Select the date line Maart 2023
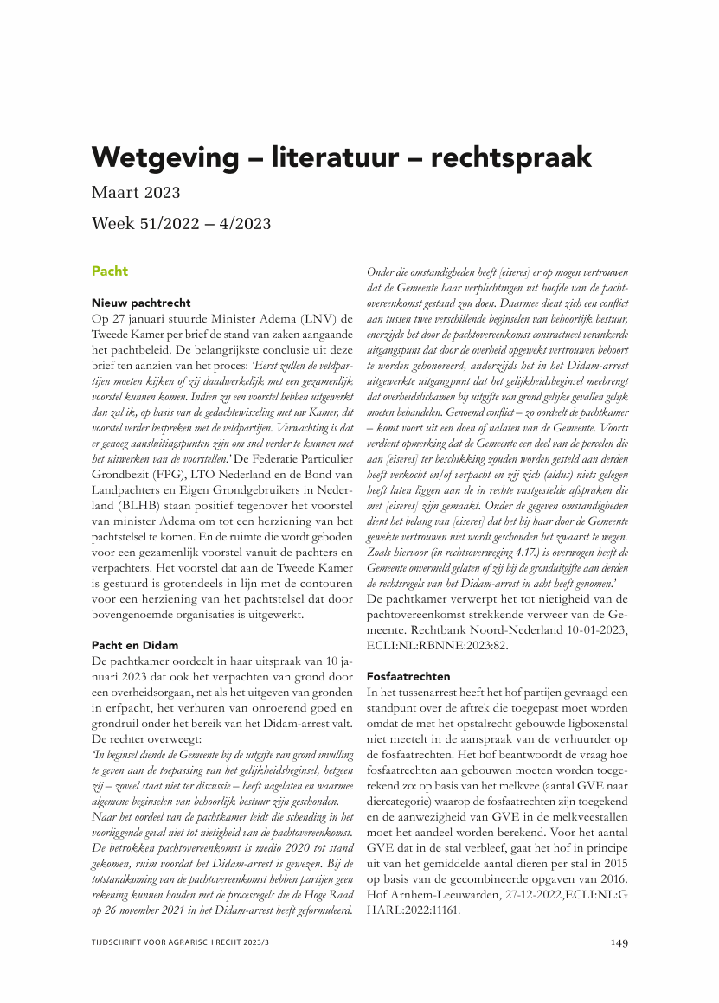click(136, 192)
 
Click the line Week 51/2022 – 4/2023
click(181, 224)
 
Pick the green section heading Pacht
click(109, 272)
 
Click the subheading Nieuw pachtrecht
click(141, 303)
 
